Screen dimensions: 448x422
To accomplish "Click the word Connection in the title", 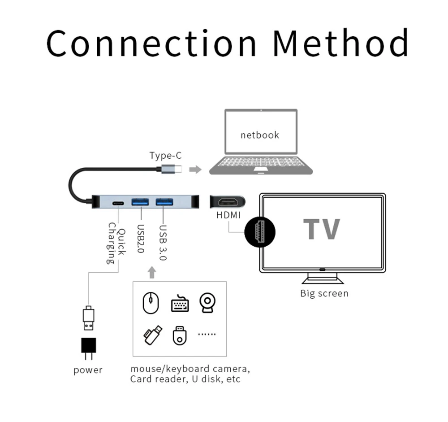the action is (151, 43).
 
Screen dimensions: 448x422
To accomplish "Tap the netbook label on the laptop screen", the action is (260, 135).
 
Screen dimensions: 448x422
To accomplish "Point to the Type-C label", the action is (165, 155).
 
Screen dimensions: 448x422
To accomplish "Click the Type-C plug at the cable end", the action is (171, 170).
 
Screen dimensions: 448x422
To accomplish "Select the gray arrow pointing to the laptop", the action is (195, 170).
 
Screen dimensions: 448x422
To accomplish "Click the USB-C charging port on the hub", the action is (118, 204).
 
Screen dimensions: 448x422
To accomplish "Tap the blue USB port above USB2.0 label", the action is (140, 202).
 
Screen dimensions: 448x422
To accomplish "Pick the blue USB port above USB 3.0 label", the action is (164, 202).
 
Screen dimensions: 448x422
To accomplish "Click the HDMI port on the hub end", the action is (228, 202).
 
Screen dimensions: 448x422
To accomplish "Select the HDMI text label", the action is (228, 215).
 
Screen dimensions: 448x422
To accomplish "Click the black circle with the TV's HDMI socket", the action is (260, 232).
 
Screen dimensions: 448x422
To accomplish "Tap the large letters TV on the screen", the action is (322, 229).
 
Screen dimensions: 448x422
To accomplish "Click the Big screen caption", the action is (324, 293).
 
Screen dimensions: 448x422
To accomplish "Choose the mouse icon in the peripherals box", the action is (151, 303).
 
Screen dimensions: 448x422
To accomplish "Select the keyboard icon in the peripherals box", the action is (180, 303).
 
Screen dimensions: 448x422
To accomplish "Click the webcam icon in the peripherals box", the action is (207, 303).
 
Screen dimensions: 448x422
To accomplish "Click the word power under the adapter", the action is (88, 370).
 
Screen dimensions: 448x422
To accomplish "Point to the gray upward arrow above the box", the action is (152, 272).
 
